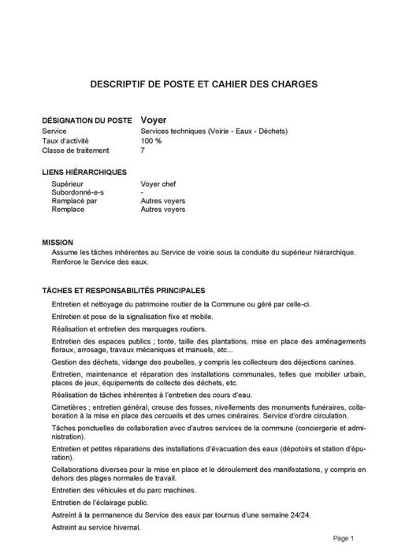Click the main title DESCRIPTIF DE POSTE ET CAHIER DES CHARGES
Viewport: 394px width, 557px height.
click(x=197, y=83)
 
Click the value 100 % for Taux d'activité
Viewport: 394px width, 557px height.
click(x=151, y=140)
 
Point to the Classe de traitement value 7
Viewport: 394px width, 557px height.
click(x=143, y=150)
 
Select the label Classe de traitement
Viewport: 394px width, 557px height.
click(x=76, y=150)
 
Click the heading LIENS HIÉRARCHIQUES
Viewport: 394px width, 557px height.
click(x=84, y=171)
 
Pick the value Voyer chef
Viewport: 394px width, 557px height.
click(x=159, y=184)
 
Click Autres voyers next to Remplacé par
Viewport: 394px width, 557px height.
click(x=163, y=202)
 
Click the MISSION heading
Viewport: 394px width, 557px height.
click(x=58, y=243)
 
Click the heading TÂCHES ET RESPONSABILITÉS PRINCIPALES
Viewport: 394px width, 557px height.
click(x=124, y=291)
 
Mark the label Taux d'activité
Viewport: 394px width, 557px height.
click(x=70, y=140)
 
